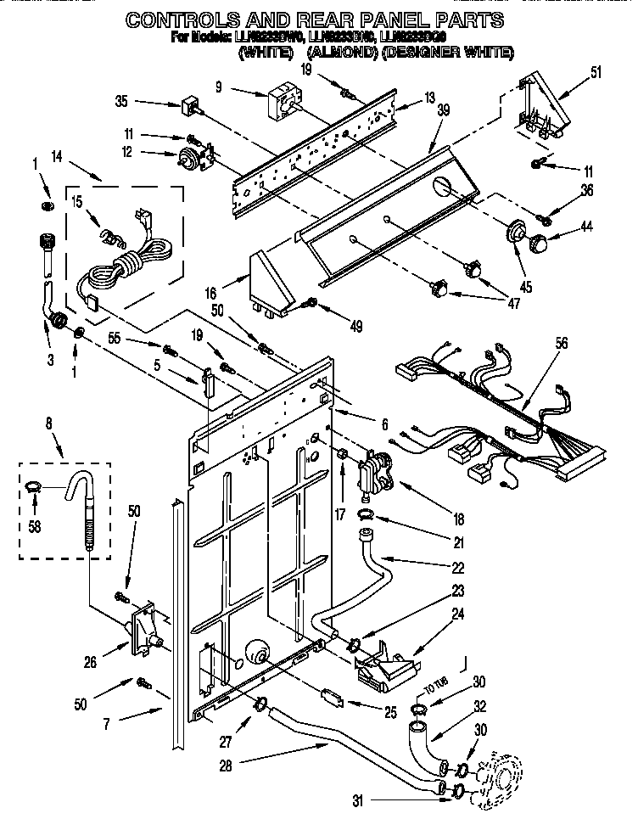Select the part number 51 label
pos(596,73)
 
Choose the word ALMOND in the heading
pos(338,53)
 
